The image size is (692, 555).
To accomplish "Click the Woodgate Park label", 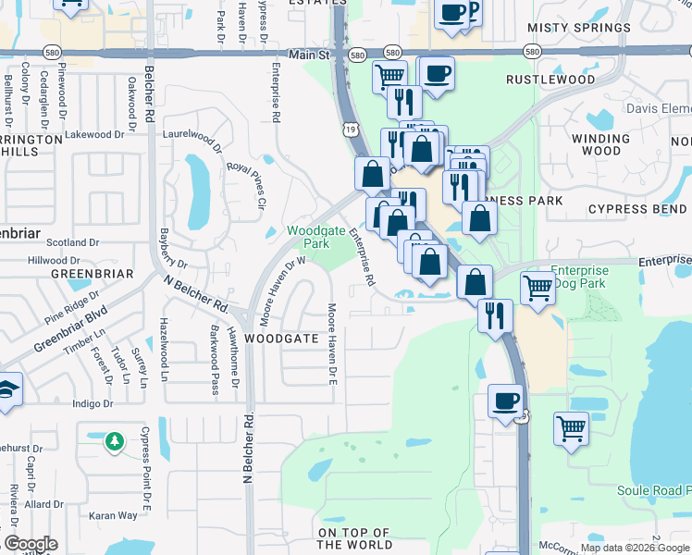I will [308, 237].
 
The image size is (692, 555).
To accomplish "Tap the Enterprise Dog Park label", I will [579, 277].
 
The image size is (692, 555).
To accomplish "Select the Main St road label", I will [309, 55].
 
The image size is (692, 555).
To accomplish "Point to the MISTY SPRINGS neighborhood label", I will [579, 28].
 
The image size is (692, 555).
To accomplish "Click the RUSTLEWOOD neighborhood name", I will [550, 80].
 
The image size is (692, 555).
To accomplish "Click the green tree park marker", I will [114, 442].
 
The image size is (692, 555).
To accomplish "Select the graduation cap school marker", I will [7, 390].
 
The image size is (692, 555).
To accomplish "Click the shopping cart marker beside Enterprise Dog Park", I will [538, 288].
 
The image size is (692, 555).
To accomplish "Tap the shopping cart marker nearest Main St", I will [389, 76].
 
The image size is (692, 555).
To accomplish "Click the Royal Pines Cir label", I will [246, 184].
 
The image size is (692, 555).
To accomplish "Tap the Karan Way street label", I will [113, 515].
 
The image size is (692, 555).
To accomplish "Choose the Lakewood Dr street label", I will [95, 135].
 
